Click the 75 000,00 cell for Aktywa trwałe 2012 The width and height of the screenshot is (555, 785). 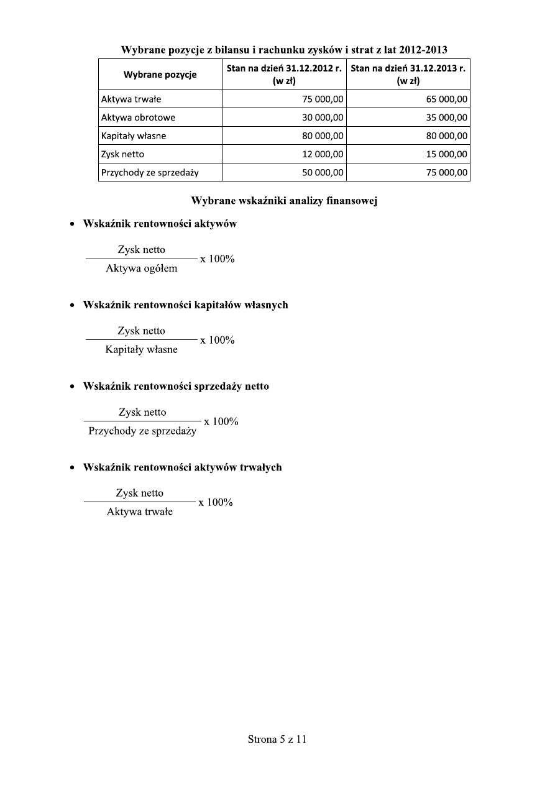[x=323, y=99]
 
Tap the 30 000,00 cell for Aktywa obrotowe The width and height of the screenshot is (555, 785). [x=323, y=117]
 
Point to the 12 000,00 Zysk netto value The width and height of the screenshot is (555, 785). [x=323, y=154]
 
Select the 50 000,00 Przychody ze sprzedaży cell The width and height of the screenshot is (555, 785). [x=323, y=173]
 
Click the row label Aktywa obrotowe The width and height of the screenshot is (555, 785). [x=138, y=117]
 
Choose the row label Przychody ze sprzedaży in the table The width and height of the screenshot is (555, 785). [x=150, y=173]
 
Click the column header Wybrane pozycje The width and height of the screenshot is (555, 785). [x=160, y=75]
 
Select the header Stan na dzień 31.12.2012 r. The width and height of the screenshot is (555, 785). [x=283, y=69]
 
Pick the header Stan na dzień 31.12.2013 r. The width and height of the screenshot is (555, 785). [x=408, y=69]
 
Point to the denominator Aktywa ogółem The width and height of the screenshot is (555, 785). [x=141, y=269]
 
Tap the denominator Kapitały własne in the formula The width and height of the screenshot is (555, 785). [x=141, y=349]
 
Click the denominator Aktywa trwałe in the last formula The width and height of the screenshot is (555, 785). [x=140, y=512]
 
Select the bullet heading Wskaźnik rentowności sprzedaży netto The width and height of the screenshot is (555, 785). [x=176, y=386]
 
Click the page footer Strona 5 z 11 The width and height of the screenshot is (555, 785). [x=277, y=739]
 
